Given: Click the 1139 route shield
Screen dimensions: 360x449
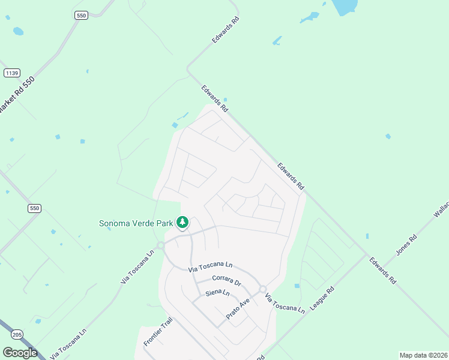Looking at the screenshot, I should [x=11, y=73].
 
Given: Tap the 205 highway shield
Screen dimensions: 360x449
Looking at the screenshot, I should [x=17, y=335].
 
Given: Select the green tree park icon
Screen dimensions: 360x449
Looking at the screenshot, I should [x=182, y=223].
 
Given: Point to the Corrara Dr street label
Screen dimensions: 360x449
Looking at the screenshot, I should [x=226, y=281].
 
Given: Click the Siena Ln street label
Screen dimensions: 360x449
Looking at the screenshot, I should [x=217, y=293].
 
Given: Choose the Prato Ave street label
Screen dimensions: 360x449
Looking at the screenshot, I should [x=237, y=309].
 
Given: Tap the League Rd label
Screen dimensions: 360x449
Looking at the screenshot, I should [x=322, y=298].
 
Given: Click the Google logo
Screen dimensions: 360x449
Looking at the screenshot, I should [x=20, y=353].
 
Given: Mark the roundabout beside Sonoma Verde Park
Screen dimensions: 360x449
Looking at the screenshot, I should [x=160, y=245].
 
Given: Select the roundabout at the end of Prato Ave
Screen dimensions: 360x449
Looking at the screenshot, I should [x=262, y=290].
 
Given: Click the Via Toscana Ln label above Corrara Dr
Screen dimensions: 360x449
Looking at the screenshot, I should [x=210, y=268].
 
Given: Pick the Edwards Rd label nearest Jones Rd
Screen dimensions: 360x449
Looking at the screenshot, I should [x=382, y=271].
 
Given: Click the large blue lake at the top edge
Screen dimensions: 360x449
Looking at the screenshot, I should [x=344, y=6].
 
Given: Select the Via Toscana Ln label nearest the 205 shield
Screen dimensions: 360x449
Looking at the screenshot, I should [x=69, y=343].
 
